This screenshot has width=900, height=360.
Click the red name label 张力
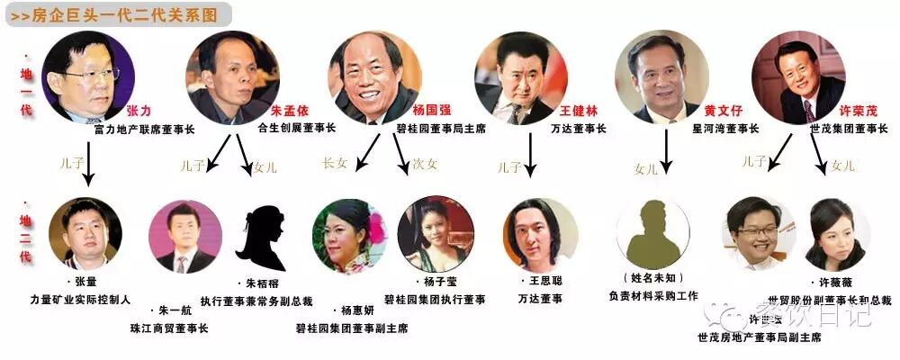(140, 112)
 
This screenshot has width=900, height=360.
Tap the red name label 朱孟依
(289, 111)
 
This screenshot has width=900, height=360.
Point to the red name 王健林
(578, 111)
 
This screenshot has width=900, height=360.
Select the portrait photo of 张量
(85, 233)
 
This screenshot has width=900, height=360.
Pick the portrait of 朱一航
(184, 236)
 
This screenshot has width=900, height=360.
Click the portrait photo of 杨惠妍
(348, 236)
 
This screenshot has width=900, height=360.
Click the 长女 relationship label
(334, 164)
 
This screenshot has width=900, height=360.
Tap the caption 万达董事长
(578, 128)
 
